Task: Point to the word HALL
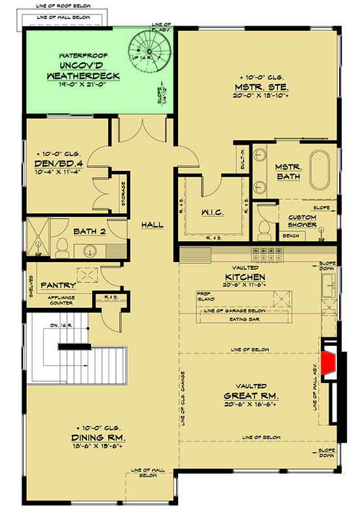pyautogui.click(x=152, y=225)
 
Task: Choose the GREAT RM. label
pyautogui.click(x=251, y=396)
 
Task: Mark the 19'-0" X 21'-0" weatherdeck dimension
pyautogui.click(x=92, y=85)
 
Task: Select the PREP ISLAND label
pyautogui.click(x=206, y=295)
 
